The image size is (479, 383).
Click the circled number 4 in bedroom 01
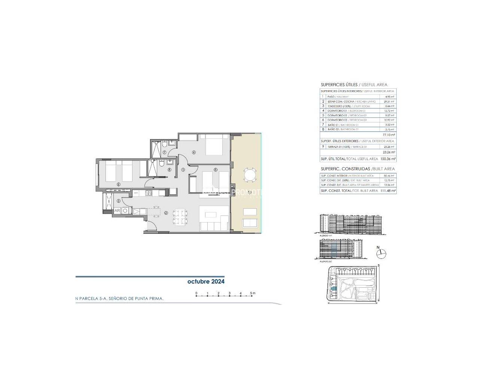(x=194, y=152)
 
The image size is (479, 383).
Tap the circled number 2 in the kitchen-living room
(x=166, y=213)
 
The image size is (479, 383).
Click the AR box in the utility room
(x=117, y=211)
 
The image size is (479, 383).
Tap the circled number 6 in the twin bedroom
(x=119, y=184)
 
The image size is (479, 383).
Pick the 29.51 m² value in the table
(x=390, y=101)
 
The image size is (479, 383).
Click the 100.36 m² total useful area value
(x=388, y=159)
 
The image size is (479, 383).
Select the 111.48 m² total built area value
(x=388, y=191)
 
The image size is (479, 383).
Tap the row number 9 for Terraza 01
(x=323, y=147)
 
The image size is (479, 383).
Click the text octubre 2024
(x=206, y=282)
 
